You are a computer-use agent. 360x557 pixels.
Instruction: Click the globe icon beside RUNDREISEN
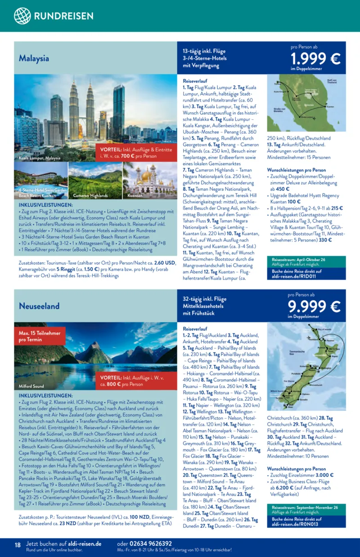coord(22,16)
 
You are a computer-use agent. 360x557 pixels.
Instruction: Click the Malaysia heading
coord(34,58)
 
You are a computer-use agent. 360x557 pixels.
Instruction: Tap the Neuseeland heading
coord(39,306)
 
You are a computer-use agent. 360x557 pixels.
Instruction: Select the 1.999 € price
coord(315,59)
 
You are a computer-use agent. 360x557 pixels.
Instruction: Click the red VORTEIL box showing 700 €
coord(135,153)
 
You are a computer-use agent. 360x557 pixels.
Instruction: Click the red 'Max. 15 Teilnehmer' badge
coord(40,336)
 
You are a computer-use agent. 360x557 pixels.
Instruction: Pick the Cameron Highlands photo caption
coord(90,196)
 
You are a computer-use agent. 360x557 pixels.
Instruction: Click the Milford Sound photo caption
coord(31,386)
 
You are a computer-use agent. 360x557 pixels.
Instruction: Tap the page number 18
coord(18,545)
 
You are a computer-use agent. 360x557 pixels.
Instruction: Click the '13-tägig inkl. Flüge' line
coord(204,51)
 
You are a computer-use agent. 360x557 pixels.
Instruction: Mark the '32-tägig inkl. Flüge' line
coord(204,299)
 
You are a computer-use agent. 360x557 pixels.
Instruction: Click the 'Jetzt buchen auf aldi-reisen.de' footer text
coord(63,544)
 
